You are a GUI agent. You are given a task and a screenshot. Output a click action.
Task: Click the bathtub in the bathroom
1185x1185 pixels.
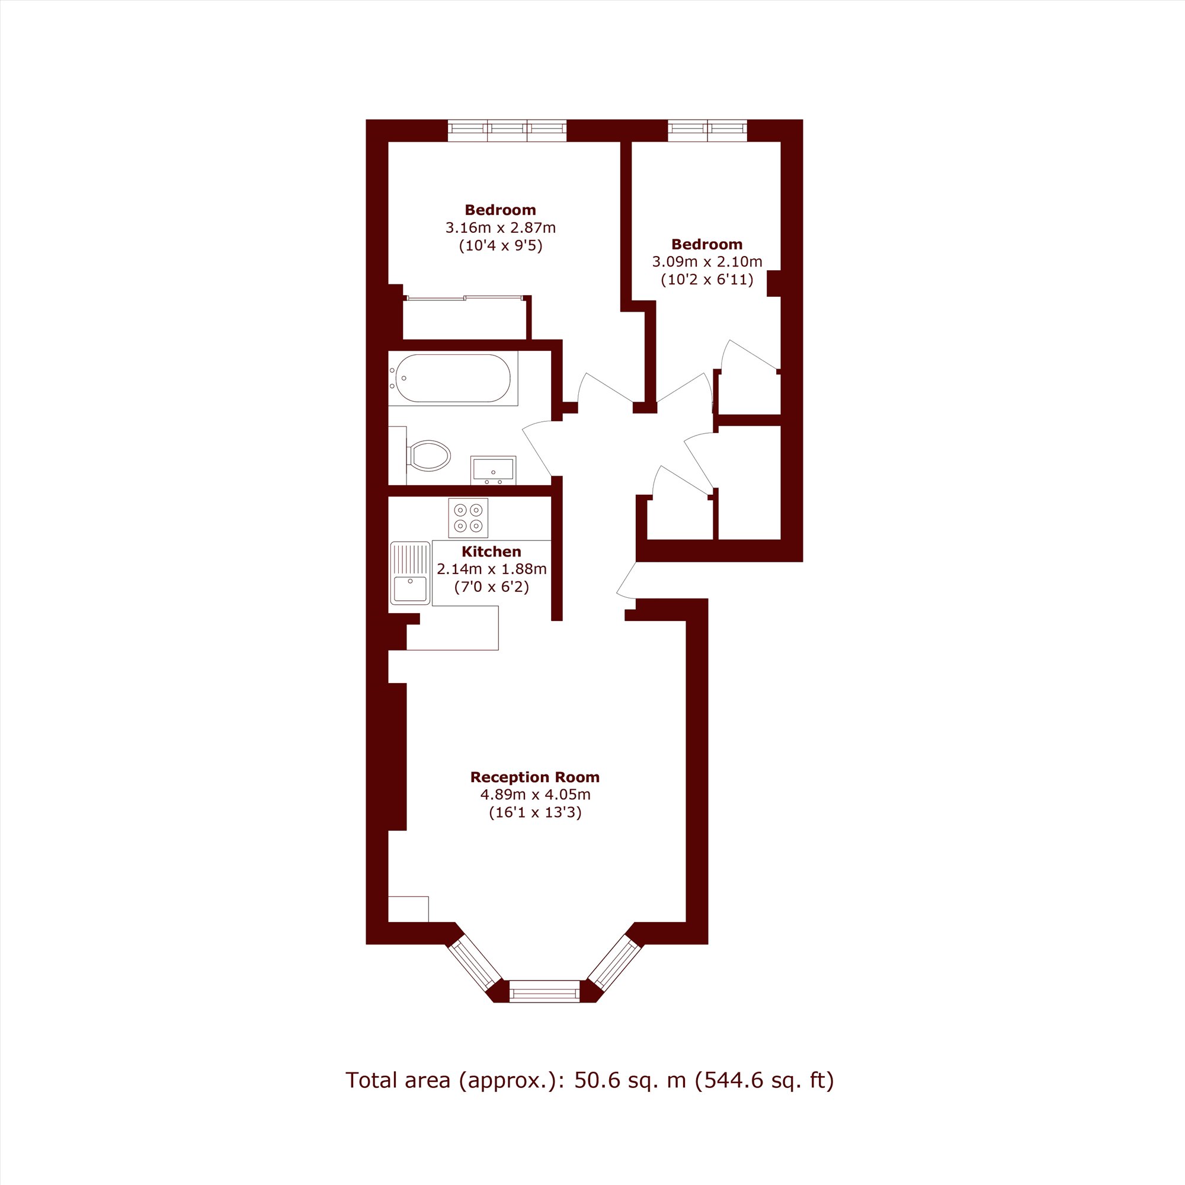point(453,379)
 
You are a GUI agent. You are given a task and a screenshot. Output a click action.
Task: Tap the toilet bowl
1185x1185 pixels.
point(429,456)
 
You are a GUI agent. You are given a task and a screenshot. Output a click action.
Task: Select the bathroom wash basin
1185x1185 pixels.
point(493,470)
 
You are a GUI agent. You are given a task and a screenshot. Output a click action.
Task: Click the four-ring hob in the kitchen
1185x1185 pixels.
point(468,518)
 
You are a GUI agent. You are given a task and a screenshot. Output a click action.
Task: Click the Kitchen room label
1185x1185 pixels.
point(491,552)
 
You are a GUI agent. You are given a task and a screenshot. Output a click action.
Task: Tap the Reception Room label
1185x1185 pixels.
point(535,777)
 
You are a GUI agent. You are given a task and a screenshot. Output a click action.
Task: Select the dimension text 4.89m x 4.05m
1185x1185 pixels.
point(535,795)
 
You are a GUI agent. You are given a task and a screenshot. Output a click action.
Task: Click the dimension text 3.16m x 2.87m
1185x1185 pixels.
point(501,228)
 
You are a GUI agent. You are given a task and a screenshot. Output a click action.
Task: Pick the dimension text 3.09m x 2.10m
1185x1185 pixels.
point(707,262)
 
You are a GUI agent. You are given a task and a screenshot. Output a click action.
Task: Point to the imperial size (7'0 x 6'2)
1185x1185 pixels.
point(491,587)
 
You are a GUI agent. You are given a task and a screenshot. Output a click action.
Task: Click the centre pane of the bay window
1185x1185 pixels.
point(544,991)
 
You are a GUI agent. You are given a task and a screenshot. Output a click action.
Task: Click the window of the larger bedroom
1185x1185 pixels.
point(507,130)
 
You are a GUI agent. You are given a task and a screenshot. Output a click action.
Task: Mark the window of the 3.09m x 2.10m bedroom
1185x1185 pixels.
point(707,130)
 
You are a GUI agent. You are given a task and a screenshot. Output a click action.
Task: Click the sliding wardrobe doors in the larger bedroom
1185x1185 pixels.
point(465,298)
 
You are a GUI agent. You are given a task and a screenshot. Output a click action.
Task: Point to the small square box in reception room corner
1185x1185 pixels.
point(408,909)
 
